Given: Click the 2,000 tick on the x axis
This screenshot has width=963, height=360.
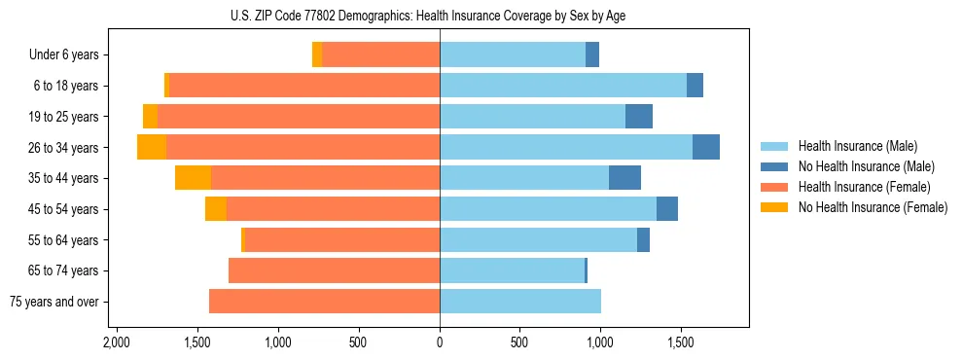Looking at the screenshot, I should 117,342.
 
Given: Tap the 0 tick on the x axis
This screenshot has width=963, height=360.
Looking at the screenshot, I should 440,342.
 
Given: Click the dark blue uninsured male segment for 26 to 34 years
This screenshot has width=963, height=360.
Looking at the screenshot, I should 706,147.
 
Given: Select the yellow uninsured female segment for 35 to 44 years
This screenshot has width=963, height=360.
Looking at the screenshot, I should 193,178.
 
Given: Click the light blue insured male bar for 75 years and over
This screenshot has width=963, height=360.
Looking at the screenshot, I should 520,302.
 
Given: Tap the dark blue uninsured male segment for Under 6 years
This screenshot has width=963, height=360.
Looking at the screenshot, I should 592,55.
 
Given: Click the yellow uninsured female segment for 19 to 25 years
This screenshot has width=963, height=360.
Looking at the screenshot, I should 150,117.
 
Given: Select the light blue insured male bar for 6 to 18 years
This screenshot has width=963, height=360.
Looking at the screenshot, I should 563,86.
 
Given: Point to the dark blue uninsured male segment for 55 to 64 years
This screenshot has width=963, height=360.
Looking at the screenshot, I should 643,239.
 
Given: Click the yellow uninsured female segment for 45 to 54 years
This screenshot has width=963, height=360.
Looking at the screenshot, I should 216,209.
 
